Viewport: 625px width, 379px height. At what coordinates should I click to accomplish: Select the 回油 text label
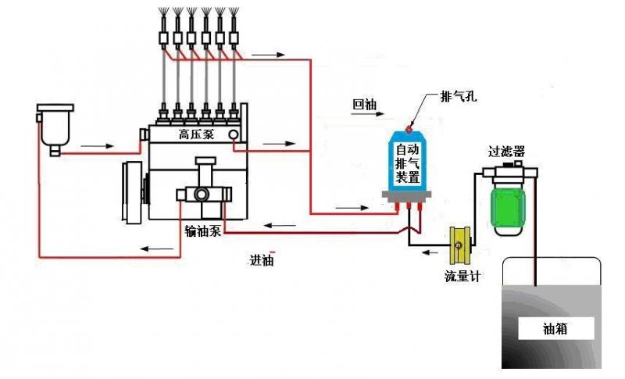(365, 103)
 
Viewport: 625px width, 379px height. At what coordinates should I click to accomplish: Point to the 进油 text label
(261, 261)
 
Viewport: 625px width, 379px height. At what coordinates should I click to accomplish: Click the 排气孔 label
(459, 97)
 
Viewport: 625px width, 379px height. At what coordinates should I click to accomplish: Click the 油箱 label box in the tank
(555, 329)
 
